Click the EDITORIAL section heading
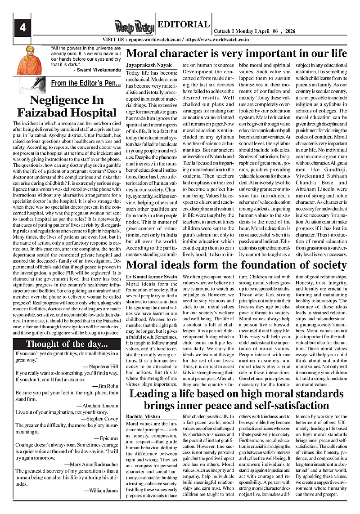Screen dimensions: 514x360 click(x=184, y=25)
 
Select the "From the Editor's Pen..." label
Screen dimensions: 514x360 click(x=85, y=83)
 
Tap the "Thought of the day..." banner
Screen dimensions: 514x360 click(x=67, y=344)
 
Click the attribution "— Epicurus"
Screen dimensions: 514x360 click(x=105, y=437)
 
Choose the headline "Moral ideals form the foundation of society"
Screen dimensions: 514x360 click(x=237, y=264)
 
